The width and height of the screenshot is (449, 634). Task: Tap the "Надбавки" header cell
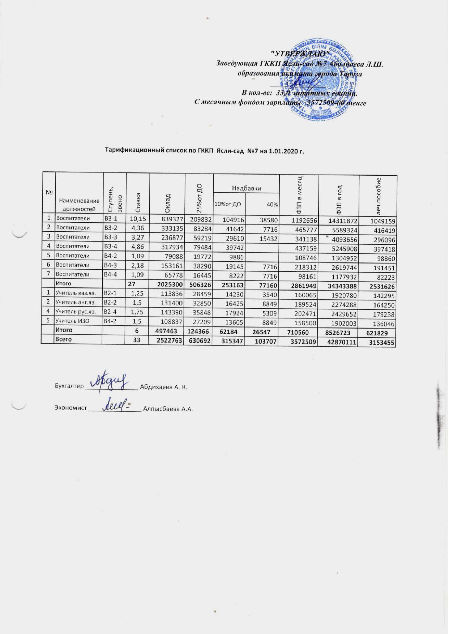click(247, 188)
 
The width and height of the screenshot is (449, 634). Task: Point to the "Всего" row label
click(63, 340)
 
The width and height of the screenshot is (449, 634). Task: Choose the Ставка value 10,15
click(138, 219)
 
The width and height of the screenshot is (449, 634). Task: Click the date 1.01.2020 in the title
click(282, 150)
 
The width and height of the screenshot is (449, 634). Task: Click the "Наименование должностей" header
click(80, 205)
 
